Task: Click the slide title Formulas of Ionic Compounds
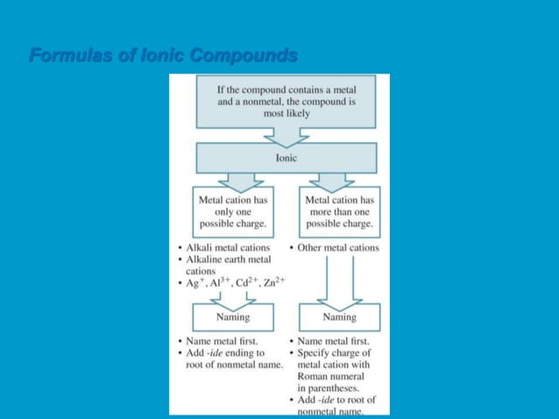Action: tap(163, 57)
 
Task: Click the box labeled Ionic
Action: tap(286, 158)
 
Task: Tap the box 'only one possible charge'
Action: tap(232, 212)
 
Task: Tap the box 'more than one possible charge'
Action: tap(339, 212)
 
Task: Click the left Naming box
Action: tap(232, 316)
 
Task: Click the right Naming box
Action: tap(339, 316)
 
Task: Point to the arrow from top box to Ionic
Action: tap(286, 136)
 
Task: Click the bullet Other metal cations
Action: tap(338, 248)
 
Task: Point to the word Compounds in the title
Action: tap(244, 57)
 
